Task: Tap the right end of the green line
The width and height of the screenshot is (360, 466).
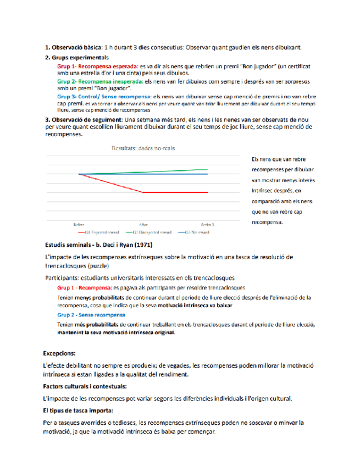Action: coord(207,170)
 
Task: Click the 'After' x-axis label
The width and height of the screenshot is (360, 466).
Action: coord(143,225)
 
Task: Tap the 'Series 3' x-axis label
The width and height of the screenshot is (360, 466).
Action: coord(207,225)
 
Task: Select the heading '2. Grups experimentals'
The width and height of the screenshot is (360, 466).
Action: coord(76,57)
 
